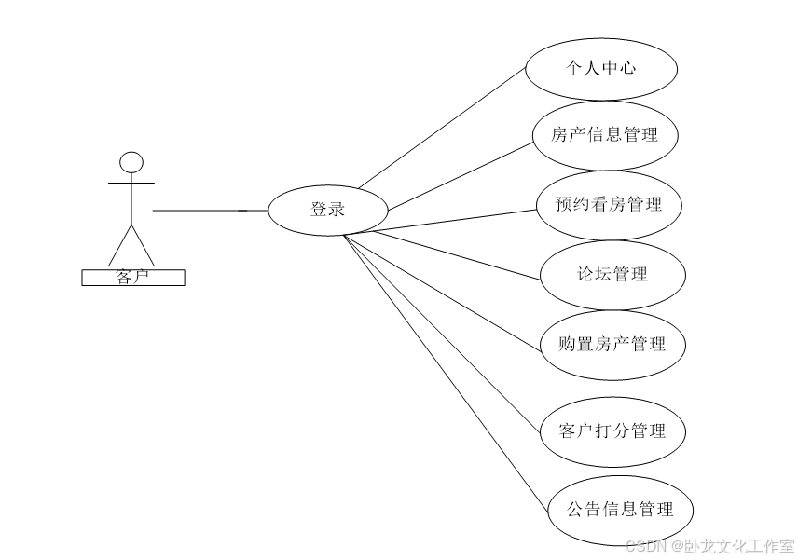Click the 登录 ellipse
[327, 210]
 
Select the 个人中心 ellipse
[600, 68]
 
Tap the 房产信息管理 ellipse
[604, 135]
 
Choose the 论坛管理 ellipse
[612, 274]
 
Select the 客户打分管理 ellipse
[612, 430]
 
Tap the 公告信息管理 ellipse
[620, 509]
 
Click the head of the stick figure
[131, 162]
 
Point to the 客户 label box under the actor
[133, 277]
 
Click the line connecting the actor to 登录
[210, 211]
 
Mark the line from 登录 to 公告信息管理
[446, 373]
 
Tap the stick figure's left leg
[119, 245]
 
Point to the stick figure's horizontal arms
[131, 183]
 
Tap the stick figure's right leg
[144, 245]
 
